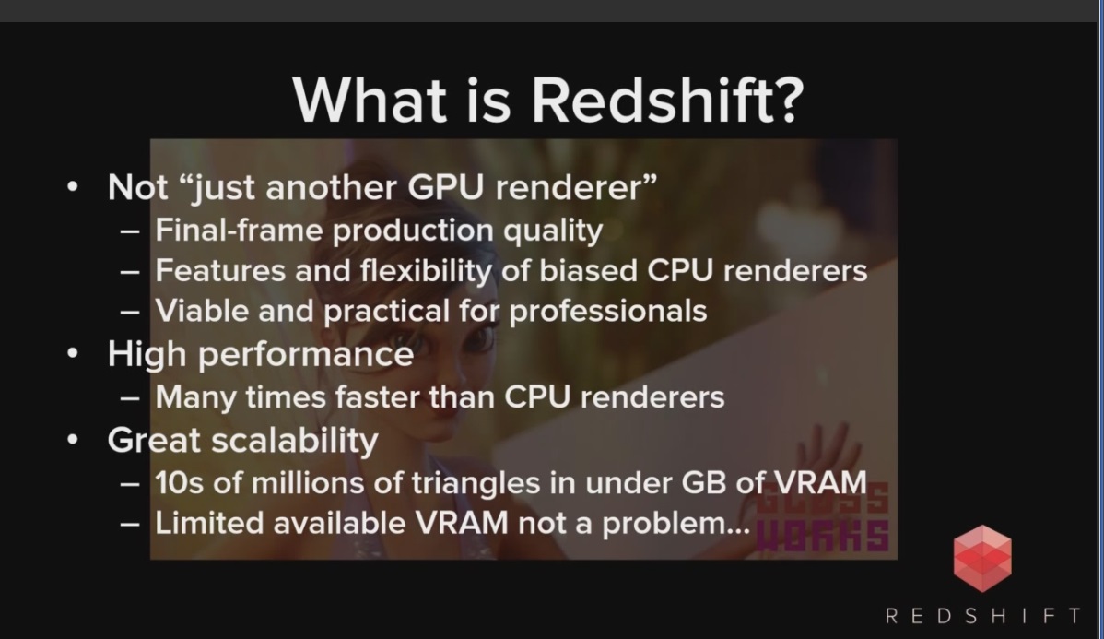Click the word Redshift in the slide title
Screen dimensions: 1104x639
[x=667, y=100]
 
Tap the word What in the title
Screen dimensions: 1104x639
[x=370, y=100]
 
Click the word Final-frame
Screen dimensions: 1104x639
[x=238, y=230]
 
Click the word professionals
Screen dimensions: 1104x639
[x=607, y=312]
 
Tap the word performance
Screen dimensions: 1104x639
[x=306, y=355]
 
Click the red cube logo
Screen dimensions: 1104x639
[x=982, y=558]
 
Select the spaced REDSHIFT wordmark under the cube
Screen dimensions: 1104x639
[x=983, y=616]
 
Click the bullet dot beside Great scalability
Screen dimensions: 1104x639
[x=73, y=440]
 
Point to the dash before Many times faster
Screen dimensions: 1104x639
[x=130, y=398]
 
